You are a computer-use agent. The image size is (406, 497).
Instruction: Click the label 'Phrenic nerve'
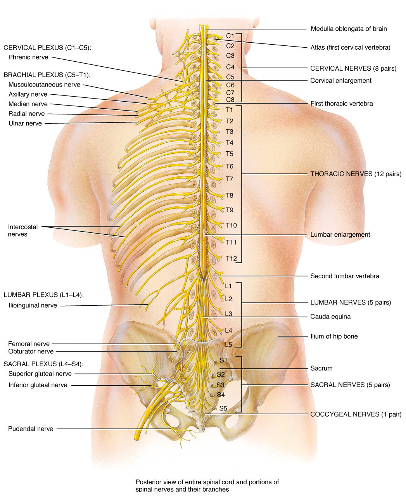(x=28, y=57)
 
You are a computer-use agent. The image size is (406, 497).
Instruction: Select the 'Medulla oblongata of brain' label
(x=349, y=29)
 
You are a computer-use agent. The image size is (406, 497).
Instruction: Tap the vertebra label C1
(x=230, y=36)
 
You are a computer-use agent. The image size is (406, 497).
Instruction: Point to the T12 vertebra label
(x=231, y=258)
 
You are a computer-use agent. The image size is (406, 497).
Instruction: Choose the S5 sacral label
(x=223, y=408)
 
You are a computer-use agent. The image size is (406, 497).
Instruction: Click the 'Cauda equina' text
(x=330, y=317)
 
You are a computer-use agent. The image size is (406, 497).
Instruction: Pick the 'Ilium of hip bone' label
(x=334, y=336)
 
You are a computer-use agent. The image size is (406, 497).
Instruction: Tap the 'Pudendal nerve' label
(x=31, y=429)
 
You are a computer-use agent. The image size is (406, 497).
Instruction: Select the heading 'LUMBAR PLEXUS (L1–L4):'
(x=43, y=295)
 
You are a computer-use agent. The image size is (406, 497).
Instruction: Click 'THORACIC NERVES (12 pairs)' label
(x=356, y=174)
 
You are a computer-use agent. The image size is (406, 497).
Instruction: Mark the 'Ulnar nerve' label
(x=25, y=123)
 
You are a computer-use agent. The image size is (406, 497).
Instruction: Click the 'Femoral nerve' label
(x=29, y=344)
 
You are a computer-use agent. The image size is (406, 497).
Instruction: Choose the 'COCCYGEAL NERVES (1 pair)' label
(x=356, y=414)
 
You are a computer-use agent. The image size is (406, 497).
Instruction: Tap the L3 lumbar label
(x=228, y=313)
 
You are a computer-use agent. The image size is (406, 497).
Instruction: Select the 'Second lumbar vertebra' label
(x=345, y=276)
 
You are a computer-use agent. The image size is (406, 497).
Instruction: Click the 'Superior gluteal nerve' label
(x=40, y=374)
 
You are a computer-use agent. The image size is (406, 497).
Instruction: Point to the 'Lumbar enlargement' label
(x=340, y=234)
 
